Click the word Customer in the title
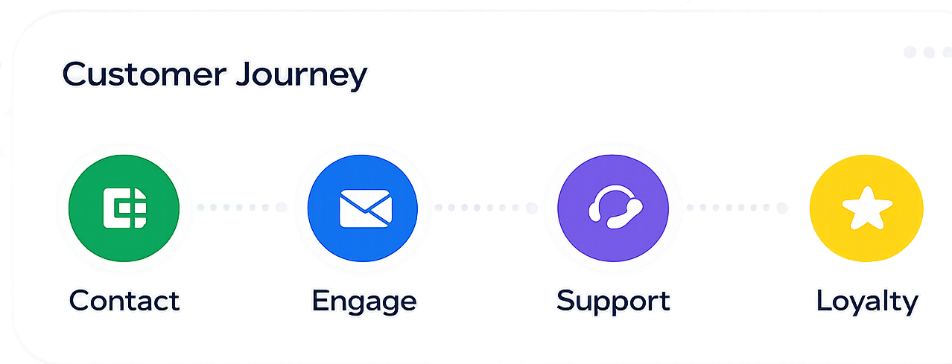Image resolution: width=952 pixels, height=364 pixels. (x=145, y=74)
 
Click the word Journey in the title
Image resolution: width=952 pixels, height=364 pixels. (x=302, y=77)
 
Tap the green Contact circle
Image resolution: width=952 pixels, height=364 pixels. (x=124, y=208)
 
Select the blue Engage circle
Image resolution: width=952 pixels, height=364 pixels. (x=363, y=208)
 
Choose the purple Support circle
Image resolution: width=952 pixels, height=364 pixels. (x=613, y=208)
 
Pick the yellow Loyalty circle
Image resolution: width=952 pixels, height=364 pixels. (x=866, y=208)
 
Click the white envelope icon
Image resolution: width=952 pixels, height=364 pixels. (x=366, y=208)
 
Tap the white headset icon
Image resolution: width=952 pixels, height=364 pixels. (x=615, y=207)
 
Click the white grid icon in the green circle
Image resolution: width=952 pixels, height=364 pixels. (x=125, y=208)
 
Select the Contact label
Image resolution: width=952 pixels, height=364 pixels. (x=124, y=301)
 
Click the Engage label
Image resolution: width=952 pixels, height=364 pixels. (x=364, y=302)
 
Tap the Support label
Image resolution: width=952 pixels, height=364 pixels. (x=613, y=302)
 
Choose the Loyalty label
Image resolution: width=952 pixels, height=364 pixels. (x=867, y=302)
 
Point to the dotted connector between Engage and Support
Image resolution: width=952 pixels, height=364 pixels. (x=486, y=207)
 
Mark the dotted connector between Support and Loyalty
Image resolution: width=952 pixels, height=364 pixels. (x=737, y=207)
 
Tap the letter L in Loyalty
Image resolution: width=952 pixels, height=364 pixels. (x=824, y=301)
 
